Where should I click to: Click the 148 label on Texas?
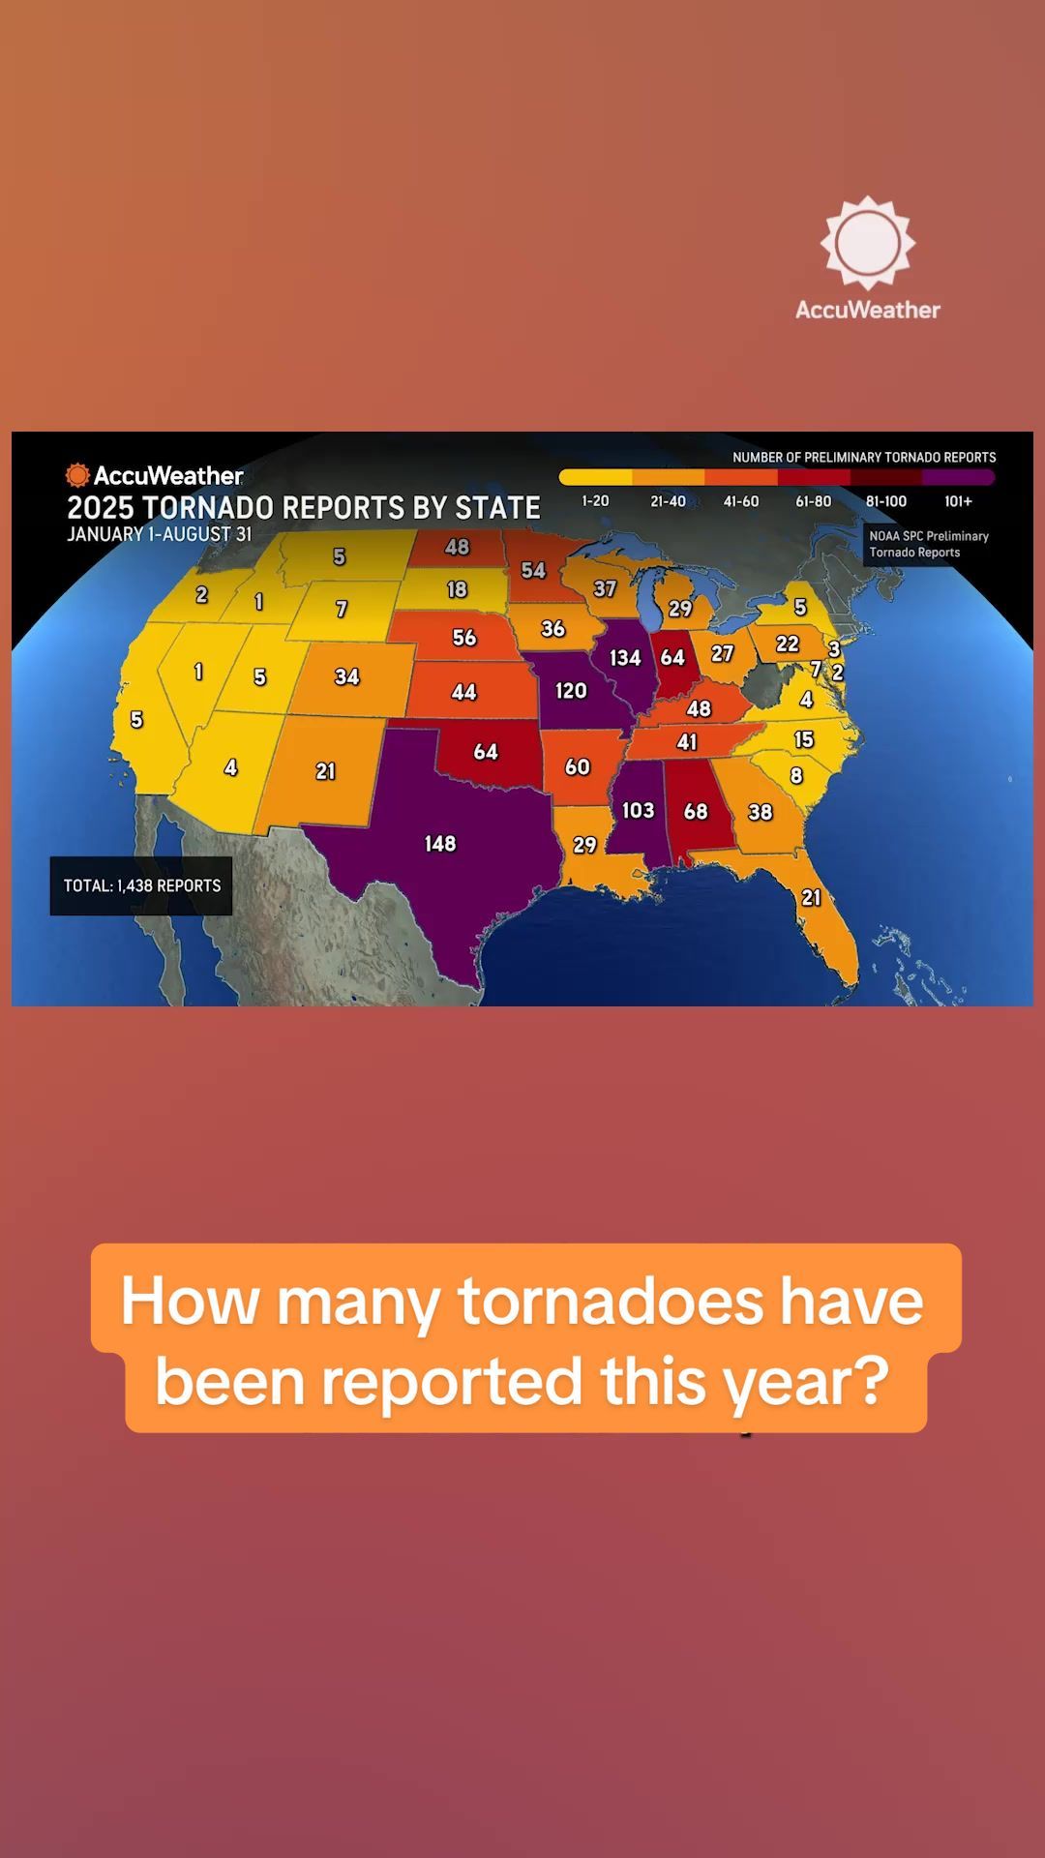click(x=440, y=844)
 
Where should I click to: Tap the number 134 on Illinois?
click(x=625, y=658)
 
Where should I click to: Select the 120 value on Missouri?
click(x=571, y=691)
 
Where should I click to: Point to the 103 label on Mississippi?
click(x=638, y=810)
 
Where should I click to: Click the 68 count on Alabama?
click(x=696, y=812)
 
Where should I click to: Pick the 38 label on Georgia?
click(x=761, y=813)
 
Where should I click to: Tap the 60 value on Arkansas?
click(x=578, y=767)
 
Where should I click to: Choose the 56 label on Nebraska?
click(x=464, y=638)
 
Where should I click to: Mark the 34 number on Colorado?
click(x=346, y=677)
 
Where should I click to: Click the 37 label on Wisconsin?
click(x=605, y=588)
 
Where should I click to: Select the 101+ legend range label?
click(x=958, y=501)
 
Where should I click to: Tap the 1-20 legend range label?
click(x=595, y=501)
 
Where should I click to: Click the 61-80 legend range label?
click(x=814, y=501)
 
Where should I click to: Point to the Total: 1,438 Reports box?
click(x=141, y=885)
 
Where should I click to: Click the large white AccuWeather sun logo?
click(x=867, y=243)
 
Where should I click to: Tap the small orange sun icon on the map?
click(x=77, y=475)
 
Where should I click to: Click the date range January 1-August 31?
click(x=160, y=534)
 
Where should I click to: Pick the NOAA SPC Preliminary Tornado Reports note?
click(x=928, y=544)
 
